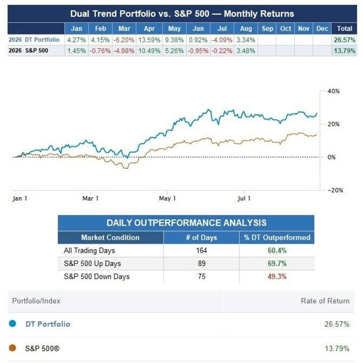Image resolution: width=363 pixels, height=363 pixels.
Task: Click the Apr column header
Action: pyautogui.click(x=149, y=29)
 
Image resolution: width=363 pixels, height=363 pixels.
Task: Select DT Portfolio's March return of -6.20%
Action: pyautogui.click(x=124, y=40)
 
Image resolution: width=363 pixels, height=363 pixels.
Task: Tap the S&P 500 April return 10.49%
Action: pyautogui.click(x=149, y=51)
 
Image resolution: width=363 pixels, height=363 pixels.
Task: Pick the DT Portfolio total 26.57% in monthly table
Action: pyautogui.click(x=344, y=40)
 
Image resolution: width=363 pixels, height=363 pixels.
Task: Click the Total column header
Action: pyautogui.click(x=344, y=29)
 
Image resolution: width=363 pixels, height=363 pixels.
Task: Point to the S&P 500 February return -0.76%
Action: pyautogui.click(x=100, y=51)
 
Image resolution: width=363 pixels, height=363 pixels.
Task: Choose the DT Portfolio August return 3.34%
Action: pyautogui.click(x=245, y=40)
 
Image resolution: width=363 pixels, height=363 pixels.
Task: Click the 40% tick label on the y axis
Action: pyautogui.click(x=333, y=91)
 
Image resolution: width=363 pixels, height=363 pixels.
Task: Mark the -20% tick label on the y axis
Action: pyautogui.click(x=336, y=190)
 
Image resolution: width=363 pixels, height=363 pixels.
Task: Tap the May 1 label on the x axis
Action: pyautogui.click(x=167, y=198)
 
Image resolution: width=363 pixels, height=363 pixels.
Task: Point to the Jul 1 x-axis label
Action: pyautogui.click(x=244, y=198)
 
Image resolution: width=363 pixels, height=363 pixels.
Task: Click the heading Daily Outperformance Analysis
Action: pyautogui.click(x=186, y=223)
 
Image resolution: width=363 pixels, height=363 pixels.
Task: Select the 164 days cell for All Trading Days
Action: pyautogui.click(x=201, y=251)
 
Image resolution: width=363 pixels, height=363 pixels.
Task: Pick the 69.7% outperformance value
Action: pyautogui.click(x=277, y=264)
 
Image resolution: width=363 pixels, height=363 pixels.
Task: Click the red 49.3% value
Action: pyautogui.click(x=277, y=276)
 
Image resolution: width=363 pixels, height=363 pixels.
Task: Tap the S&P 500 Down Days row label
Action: pyautogui.click(x=97, y=276)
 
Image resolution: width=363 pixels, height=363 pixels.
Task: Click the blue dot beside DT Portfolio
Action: pyautogui.click(x=12, y=323)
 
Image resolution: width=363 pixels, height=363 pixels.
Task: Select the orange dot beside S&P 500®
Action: pyautogui.click(x=12, y=348)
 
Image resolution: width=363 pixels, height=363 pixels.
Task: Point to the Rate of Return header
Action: pyautogui.click(x=325, y=301)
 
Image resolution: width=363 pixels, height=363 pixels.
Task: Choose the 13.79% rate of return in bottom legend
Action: pyautogui.click(x=337, y=348)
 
